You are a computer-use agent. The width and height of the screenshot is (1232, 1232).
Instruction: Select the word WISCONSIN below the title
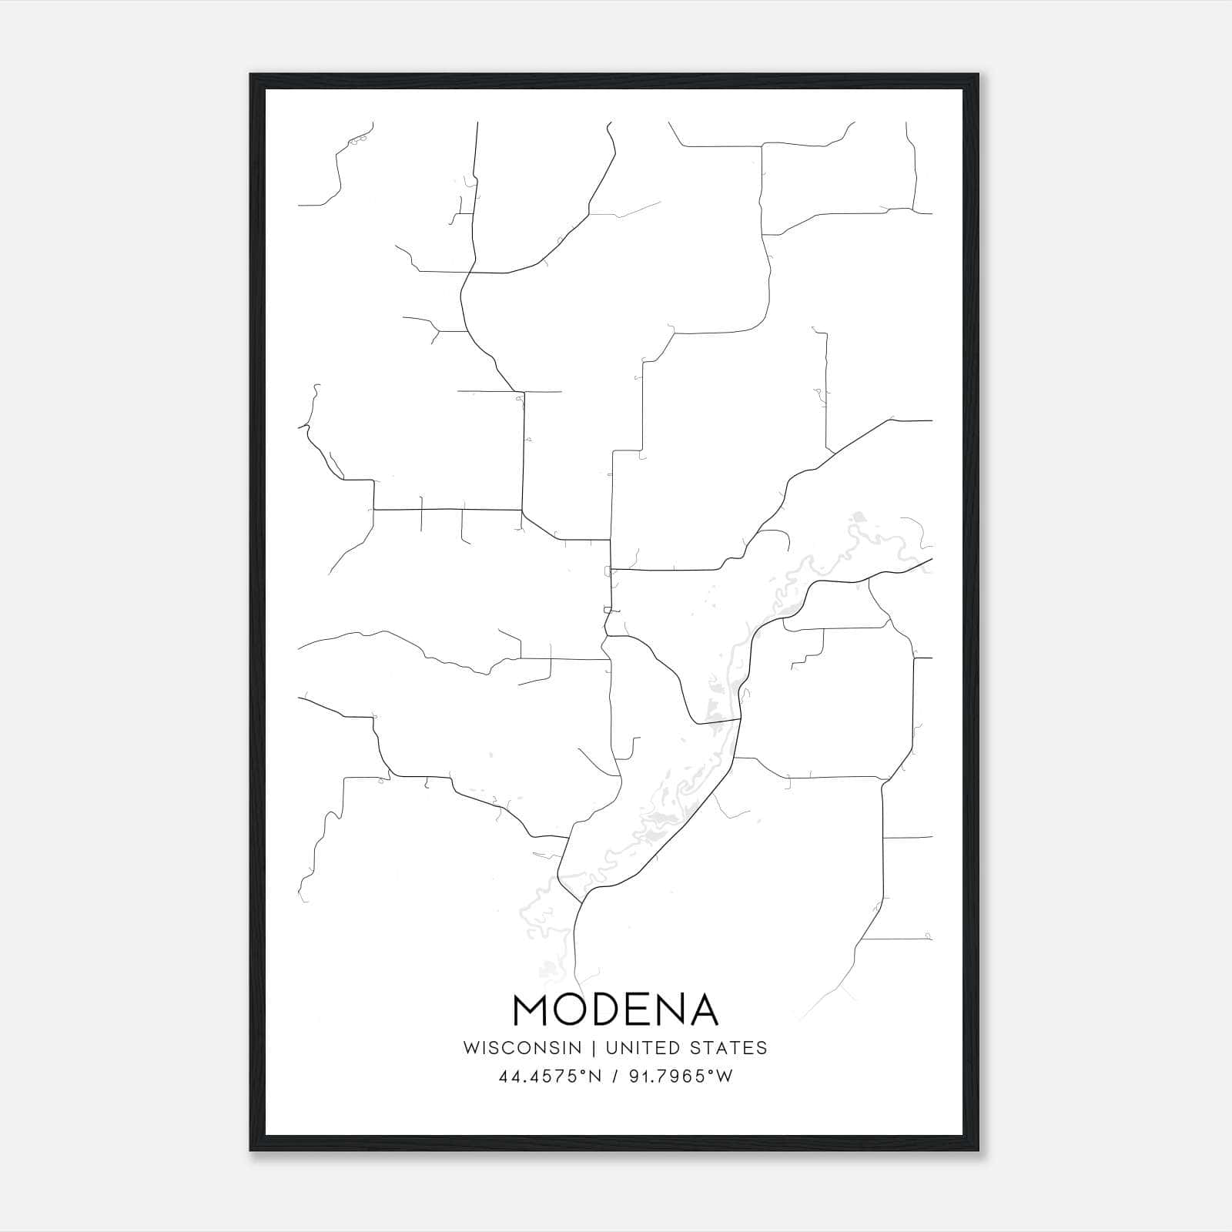tap(522, 1048)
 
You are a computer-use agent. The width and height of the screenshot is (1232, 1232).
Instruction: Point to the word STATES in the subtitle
tap(728, 1048)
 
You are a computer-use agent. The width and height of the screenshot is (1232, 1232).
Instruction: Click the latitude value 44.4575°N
tap(549, 1076)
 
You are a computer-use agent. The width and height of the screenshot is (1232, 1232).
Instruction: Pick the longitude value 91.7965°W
tap(681, 1076)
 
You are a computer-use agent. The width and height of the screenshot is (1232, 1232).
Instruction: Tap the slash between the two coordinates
tap(615, 1076)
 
